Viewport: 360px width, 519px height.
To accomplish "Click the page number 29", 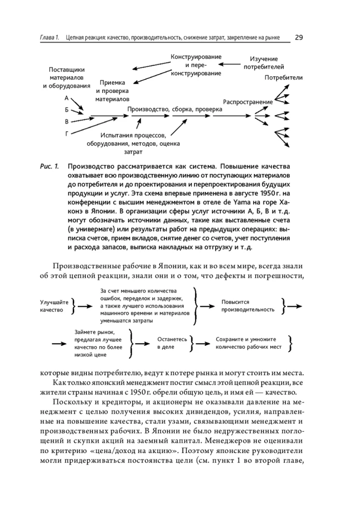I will (299, 37).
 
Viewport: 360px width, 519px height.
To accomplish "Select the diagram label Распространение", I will (247, 102).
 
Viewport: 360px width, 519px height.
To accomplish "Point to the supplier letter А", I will (66, 98).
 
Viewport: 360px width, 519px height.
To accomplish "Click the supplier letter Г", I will (66, 133).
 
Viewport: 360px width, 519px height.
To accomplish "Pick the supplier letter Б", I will (66, 110).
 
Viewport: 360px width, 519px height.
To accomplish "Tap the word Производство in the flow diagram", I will (148, 110).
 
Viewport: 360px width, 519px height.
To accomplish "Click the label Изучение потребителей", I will (264, 63).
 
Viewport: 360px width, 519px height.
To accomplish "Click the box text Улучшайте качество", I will (53, 306).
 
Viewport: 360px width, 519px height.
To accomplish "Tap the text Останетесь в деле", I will (172, 343).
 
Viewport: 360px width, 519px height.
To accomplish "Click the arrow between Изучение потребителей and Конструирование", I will (230, 64).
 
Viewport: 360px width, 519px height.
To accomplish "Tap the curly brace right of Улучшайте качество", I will (76, 306).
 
